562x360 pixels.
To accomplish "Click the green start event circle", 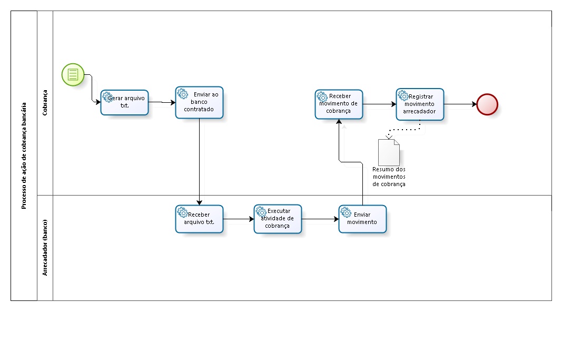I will (x=73, y=74).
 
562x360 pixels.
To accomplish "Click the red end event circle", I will (x=487, y=104).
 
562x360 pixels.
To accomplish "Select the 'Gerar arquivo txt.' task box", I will (x=125, y=102).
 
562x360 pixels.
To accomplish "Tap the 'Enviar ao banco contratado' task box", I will (x=199, y=102).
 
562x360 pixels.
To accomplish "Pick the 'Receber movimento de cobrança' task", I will (x=339, y=104).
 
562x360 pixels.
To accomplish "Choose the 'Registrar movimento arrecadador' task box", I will (x=420, y=104).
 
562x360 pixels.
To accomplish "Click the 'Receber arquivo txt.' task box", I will (x=199, y=219).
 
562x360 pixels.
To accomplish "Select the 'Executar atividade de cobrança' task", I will (x=278, y=219).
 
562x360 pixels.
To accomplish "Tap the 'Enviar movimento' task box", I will (x=362, y=219).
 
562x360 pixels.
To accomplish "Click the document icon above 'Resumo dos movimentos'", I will (x=389, y=152).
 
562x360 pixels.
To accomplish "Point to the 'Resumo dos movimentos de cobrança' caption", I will (x=389, y=177).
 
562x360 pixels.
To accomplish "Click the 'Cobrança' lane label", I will (x=45, y=98).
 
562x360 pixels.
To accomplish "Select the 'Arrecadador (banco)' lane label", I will (x=45, y=247).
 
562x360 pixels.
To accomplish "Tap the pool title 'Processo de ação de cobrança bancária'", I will (x=24, y=155).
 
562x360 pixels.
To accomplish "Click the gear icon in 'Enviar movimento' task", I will (x=346, y=212).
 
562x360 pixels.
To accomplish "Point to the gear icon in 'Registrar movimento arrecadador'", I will (x=403, y=95).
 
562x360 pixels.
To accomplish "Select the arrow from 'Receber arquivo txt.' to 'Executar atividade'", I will (x=238, y=219).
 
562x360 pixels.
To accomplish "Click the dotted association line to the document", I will (x=406, y=129).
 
